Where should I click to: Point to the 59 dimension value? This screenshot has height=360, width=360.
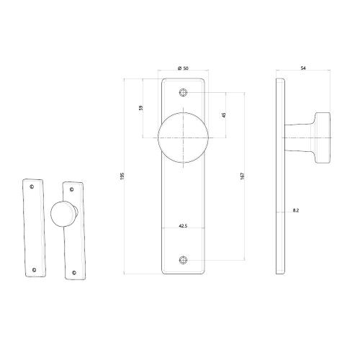[x=141, y=107]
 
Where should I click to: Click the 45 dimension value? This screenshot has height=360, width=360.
[x=225, y=114]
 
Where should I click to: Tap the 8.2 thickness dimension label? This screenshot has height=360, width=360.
[x=297, y=210]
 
